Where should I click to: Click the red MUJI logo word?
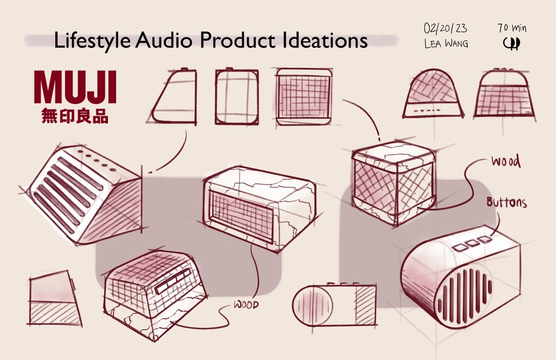[x=75, y=88]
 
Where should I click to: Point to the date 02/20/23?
[x=445, y=28]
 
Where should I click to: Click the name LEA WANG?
[x=446, y=44]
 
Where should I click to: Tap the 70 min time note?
[x=511, y=28]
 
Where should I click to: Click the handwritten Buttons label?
[x=506, y=203]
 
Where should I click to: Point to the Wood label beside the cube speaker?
[x=505, y=162]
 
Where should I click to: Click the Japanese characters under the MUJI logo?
[x=75, y=116]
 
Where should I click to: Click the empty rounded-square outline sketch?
[x=236, y=97]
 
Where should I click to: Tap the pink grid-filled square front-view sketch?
[x=304, y=97]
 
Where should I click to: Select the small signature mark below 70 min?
[x=511, y=44]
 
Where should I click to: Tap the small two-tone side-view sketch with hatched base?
[x=53, y=300]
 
